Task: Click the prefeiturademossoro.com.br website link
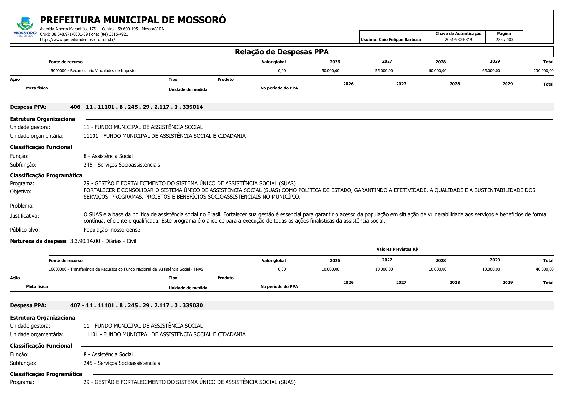(77, 40)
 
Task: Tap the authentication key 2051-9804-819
(458, 40)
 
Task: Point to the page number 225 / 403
(504, 40)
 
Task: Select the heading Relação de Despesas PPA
(282, 52)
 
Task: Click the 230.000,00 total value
(543, 71)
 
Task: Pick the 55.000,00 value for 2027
(384, 71)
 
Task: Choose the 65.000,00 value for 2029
(491, 71)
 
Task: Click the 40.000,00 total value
(544, 269)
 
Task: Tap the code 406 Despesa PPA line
(136, 107)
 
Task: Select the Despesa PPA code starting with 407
(136, 305)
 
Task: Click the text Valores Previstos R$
(397, 249)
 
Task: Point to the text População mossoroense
(112, 230)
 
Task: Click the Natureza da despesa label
(39, 241)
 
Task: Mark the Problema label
(22, 206)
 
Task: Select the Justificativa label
(24, 216)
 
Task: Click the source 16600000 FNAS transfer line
(126, 269)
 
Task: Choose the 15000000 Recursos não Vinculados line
(93, 71)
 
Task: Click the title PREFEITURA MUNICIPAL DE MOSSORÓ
(133, 20)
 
